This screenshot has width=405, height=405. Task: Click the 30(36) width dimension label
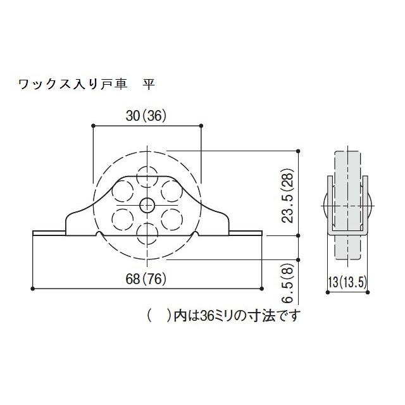(146, 116)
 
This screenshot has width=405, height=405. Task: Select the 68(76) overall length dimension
(146, 280)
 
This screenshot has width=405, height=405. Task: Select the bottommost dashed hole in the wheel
(147, 233)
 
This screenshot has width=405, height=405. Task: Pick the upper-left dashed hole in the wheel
(122, 190)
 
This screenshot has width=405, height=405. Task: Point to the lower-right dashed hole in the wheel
(171, 219)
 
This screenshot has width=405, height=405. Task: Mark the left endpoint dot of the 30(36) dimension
(93, 125)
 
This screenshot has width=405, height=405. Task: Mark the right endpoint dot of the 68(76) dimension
(261, 289)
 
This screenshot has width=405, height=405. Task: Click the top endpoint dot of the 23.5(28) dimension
(298, 151)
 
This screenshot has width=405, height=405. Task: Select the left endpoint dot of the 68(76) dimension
(32, 289)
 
